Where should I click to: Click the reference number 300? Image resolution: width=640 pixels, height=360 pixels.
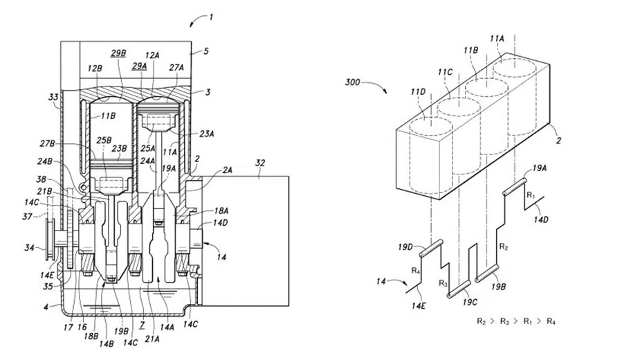point(352,82)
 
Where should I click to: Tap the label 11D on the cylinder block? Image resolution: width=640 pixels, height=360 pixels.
point(418,92)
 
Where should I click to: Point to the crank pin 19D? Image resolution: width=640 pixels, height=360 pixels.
point(431,249)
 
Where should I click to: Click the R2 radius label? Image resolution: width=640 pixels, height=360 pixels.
point(504,246)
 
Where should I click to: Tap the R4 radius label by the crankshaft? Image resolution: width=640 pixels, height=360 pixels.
point(416,270)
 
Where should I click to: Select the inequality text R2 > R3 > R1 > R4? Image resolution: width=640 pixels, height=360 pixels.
point(516,321)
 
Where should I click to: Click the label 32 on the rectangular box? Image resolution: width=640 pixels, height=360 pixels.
point(260,163)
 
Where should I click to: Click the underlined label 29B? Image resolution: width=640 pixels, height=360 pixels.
point(118,53)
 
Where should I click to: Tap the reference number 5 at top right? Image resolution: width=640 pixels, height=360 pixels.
point(205,51)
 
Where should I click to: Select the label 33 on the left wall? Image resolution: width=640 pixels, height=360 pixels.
point(53,97)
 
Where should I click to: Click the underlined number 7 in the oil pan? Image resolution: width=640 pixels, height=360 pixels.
point(142,325)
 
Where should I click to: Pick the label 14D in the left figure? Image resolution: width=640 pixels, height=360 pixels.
point(220,223)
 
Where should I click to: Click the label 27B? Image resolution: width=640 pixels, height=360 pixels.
point(47,143)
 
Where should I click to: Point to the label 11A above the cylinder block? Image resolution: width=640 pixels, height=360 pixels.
point(497,38)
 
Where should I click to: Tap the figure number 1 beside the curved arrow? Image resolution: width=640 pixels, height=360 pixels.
point(210,17)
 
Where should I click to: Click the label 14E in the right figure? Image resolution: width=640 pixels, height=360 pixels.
point(419,305)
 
